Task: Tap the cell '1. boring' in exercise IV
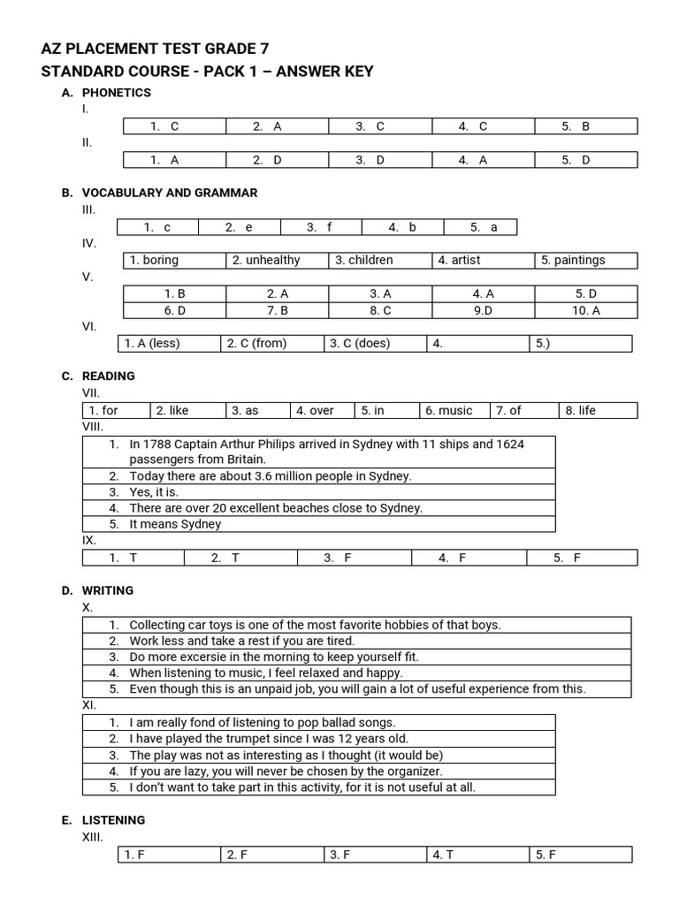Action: coord(154,260)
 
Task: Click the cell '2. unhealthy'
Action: coord(266,260)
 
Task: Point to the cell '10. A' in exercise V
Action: coord(585,310)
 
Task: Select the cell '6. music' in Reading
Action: coord(449,411)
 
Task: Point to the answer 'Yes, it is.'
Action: coord(154,492)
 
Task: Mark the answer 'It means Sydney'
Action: coord(175,524)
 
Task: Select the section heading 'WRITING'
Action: coord(108,590)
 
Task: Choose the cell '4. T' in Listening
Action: coord(443,855)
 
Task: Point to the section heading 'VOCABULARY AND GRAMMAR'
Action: coord(170,193)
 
